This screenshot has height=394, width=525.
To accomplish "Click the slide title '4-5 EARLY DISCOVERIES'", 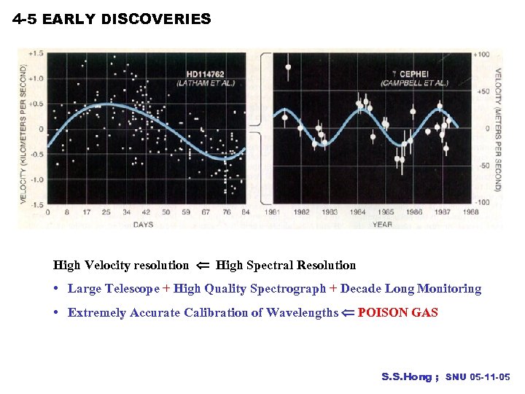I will [x=112, y=20].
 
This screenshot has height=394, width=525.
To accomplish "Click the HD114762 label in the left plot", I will [x=206, y=74].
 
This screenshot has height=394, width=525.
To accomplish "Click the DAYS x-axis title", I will [x=144, y=224].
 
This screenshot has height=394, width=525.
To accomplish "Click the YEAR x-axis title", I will [x=382, y=224].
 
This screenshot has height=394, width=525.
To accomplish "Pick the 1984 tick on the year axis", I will [x=358, y=212].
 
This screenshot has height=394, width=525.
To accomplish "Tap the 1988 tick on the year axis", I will [x=471, y=212].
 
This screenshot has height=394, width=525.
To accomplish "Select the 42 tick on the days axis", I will [x=146, y=212].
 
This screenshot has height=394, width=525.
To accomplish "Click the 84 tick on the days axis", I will [x=245, y=212].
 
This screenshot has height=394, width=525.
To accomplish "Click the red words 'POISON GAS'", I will [x=397, y=313].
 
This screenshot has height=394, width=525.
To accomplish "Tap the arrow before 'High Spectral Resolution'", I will [x=203, y=266].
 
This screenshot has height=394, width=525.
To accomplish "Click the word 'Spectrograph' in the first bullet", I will [x=288, y=289].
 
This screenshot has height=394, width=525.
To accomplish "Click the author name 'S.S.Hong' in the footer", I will [x=407, y=377].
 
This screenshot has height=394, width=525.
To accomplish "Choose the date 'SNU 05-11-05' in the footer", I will [x=478, y=377].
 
